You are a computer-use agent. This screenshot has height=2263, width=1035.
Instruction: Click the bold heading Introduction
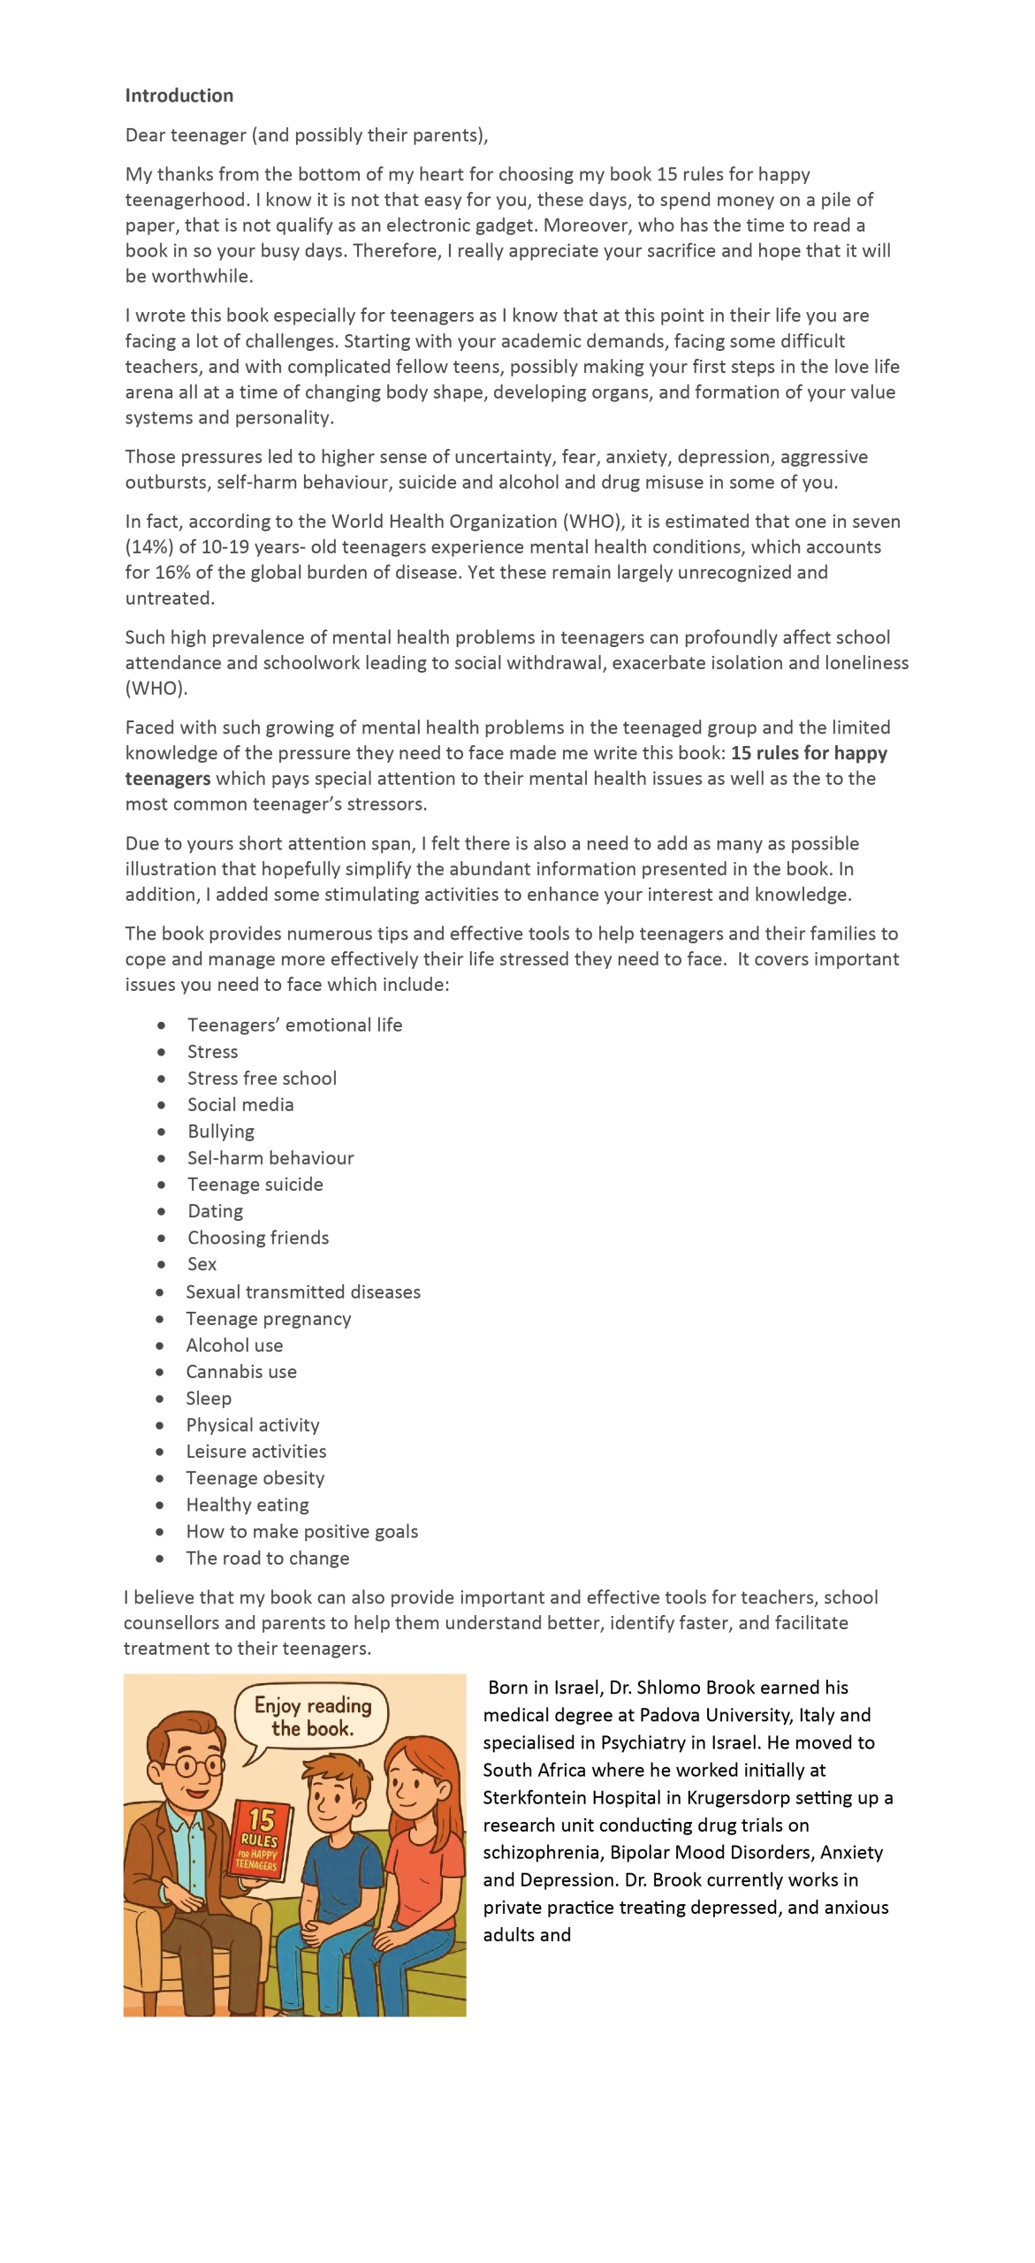coord(179,95)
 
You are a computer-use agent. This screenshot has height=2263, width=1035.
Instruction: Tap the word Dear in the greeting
coord(145,135)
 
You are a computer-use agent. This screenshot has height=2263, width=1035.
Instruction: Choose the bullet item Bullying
coord(220,1131)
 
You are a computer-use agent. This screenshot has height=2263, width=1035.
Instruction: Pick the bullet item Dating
coord(215,1211)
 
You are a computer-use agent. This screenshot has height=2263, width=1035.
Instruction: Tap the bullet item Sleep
coord(209,1398)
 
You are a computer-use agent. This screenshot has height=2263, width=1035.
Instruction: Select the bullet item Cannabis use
coord(241,1371)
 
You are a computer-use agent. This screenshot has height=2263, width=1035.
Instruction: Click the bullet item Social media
coord(240,1104)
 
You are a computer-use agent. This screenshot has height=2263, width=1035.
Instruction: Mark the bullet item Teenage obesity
coord(255,1477)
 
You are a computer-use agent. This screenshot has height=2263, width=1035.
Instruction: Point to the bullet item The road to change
coord(267,1558)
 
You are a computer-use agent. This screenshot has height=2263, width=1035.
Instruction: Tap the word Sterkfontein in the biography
coord(535,1797)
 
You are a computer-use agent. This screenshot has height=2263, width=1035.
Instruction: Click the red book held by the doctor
coord(261,1839)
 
